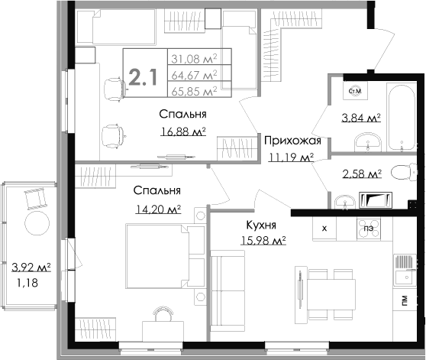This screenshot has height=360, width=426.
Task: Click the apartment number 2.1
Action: [143, 77]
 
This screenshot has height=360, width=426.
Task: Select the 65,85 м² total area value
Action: [194, 91]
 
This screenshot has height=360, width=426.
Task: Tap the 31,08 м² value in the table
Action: [194, 58]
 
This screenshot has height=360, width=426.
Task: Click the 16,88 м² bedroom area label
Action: [182, 131]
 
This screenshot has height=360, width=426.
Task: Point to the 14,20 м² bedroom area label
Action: [158, 209]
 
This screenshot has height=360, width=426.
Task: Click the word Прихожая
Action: [292, 141]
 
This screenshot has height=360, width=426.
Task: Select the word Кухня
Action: [261, 225]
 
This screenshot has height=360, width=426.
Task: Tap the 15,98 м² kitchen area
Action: [263, 240]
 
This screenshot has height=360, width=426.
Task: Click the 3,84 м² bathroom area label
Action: [361, 118]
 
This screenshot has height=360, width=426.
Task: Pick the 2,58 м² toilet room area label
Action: [362, 174]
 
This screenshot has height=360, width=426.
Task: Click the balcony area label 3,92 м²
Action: [31, 268]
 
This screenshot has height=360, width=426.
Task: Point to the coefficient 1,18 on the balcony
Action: [27, 284]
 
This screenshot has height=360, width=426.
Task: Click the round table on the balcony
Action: [37, 223]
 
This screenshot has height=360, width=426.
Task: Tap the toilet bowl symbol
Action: [404, 171]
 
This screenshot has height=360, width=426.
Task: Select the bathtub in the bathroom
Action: [402, 117]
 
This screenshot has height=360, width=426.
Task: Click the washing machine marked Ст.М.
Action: [355, 91]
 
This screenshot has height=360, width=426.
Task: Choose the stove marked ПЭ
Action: [369, 229]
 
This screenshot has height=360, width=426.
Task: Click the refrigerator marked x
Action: [324, 229]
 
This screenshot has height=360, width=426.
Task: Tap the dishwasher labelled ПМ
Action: [405, 301]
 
